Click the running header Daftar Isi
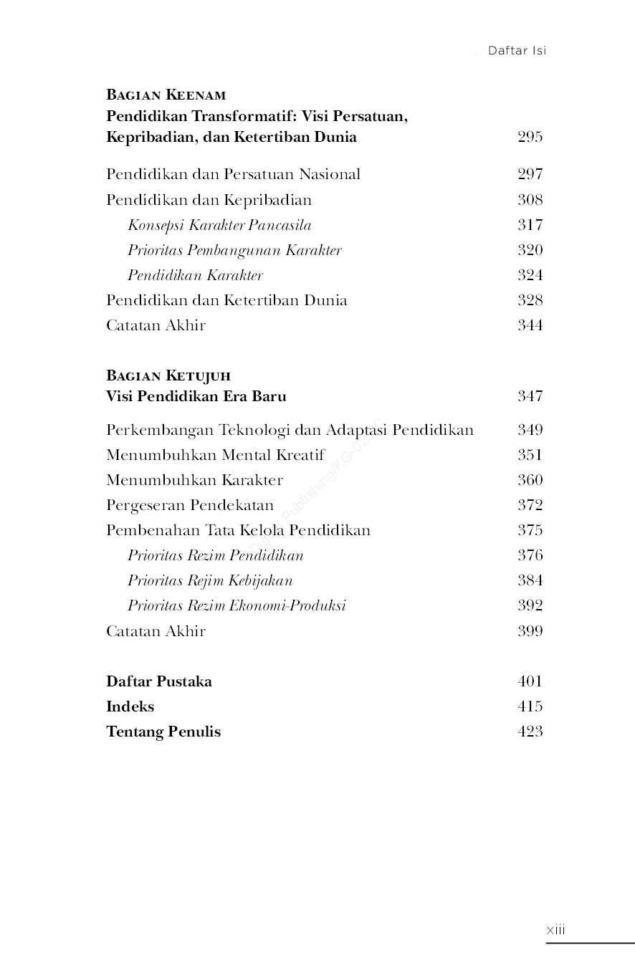click(x=517, y=51)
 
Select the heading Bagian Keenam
click(x=166, y=95)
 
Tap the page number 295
click(x=530, y=137)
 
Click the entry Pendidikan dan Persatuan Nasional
click(x=233, y=174)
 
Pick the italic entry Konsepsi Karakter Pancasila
click(x=219, y=225)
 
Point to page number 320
click(x=530, y=250)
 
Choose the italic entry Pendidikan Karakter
click(x=195, y=275)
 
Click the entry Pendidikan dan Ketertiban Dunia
click(x=226, y=300)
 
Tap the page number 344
click(x=530, y=325)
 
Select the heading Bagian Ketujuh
click(x=168, y=375)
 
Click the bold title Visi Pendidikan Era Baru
click(x=196, y=396)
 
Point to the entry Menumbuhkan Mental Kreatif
click(x=215, y=455)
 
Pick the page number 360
click(x=530, y=480)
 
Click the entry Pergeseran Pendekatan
click(x=190, y=505)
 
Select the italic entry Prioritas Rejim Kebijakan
click(x=210, y=580)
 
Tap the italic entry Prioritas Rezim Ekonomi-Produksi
click(x=237, y=605)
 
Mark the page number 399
click(x=530, y=631)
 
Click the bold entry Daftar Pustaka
click(x=159, y=681)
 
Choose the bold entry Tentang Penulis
click(x=163, y=732)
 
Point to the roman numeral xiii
click(x=555, y=930)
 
